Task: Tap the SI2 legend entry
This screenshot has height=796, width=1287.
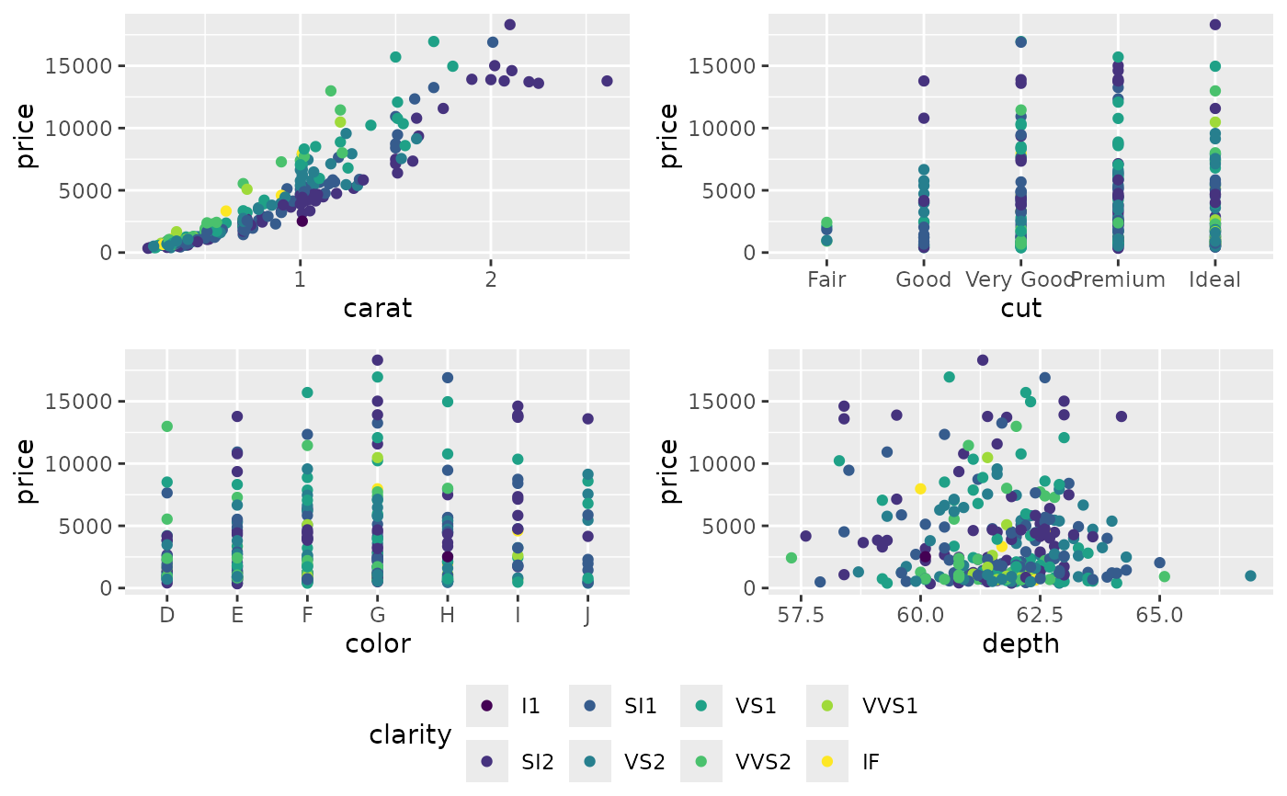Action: [x=515, y=761]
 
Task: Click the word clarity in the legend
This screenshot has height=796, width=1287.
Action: [x=410, y=734]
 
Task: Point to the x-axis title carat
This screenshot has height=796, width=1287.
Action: [x=377, y=308]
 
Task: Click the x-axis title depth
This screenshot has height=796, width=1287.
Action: [x=1020, y=643]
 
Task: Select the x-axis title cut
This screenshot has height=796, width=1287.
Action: [x=1020, y=308]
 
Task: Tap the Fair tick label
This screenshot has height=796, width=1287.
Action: [x=826, y=279]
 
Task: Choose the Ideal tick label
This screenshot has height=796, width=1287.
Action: [x=1214, y=279]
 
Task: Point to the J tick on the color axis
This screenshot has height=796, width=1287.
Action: [x=587, y=614]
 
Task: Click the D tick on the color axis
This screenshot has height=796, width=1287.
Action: [x=166, y=614]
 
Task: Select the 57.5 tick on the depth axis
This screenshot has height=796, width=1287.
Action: [x=801, y=614]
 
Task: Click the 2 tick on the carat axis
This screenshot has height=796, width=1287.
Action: [x=491, y=279]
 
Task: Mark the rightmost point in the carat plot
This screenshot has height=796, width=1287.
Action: [x=607, y=81]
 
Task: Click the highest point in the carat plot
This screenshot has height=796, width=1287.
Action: [x=509, y=25]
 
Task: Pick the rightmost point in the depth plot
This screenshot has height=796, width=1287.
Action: [x=1250, y=576]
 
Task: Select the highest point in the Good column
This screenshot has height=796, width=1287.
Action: [x=924, y=81]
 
